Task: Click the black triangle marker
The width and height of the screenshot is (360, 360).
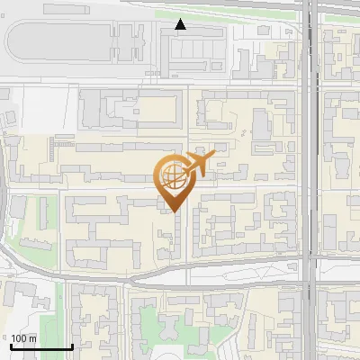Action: point(181,24)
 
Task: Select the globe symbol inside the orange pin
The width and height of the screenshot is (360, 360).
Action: point(173,177)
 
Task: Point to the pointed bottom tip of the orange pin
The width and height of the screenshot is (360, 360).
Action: point(174,212)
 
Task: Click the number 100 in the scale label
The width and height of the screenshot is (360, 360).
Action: point(18,337)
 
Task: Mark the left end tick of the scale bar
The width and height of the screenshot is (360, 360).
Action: point(11,346)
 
